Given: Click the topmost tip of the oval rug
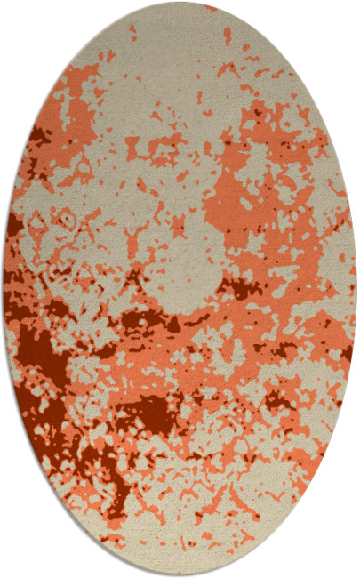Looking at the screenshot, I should (180, 4).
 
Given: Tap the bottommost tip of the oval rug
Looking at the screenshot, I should (180, 574).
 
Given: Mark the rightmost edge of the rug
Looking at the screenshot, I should (356, 289).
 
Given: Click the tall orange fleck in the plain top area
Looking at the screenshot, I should (227, 36).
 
